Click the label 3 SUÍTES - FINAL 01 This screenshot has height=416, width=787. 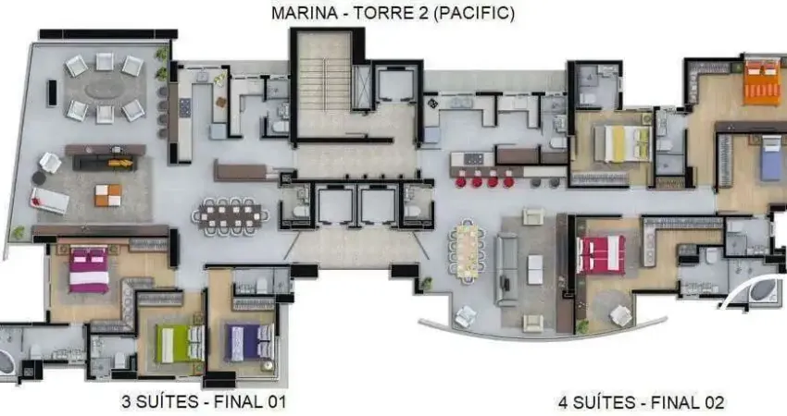pyautogui.click(x=204, y=401)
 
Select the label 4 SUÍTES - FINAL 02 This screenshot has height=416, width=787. pyautogui.click(x=641, y=401)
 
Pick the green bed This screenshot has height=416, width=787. pyautogui.click(x=181, y=344)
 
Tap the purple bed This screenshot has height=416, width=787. pyautogui.click(x=250, y=342)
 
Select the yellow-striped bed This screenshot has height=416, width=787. pyautogui.click(x=622, y=143)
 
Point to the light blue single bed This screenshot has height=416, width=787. pyautogui.click(x=770, y=157)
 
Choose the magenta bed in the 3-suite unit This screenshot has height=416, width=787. pyautogui.click(x=90, y=270)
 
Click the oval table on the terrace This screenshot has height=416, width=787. pyautogui.click(x=104, y=89)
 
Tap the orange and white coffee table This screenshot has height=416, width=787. pyautogui.click(x=107, y=195)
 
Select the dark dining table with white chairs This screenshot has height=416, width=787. pyautogui.click(x=230, y=215)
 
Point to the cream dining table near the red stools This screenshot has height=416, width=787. pyautogui.click(x=465, y=251)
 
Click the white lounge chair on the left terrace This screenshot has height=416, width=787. pyautogui.click(x=49, y=200)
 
